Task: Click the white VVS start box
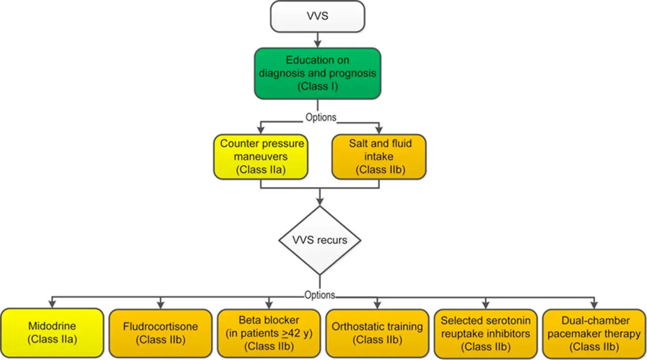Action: (x=317, y=16)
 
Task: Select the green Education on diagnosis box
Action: (x=317, y=73)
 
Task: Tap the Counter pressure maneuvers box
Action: (x=261, y=156)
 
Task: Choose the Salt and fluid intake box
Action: (x=379, y=156)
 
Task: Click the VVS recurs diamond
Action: (x=319, y=240)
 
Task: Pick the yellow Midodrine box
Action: (x=53, y=333)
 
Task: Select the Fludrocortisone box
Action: (x=160, y=333)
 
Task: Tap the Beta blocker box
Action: (x=268, y=333)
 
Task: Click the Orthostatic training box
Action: (x=377, y=333)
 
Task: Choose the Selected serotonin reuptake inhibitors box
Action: (x=485, y=333)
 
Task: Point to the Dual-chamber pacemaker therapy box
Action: (x=594, y=333)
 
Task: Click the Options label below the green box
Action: (x=320, y=117)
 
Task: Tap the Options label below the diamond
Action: (x=319, y=295)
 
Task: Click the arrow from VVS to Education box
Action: (x=317, y=40)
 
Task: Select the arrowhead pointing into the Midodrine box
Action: (x=53, y=305)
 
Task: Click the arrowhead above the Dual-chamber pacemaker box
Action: (x=594, y=305)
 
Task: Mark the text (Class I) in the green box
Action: (x=317, y=86)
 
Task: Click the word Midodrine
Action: (x=53, y=327)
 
